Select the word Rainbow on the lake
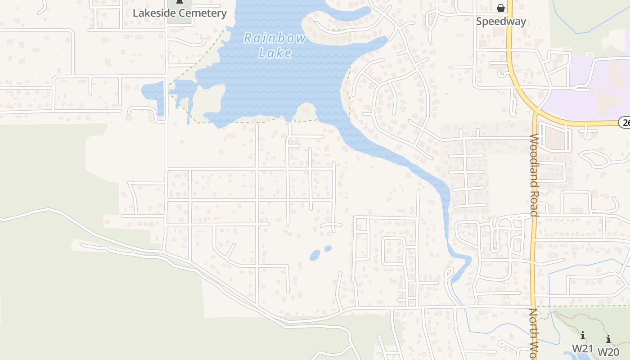click(275, 38)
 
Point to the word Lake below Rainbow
click(275, 53)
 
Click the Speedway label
click(501, 21)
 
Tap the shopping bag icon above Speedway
click(501, 8)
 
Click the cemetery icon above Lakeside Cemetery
click(180, 2)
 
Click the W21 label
click(583, 348)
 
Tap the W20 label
click(608, 351)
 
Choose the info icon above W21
click(583, 335)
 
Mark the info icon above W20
click(608, 339)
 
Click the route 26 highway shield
click(625, 122)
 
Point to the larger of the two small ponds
click(315, 255)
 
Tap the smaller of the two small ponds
click(328, 248)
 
